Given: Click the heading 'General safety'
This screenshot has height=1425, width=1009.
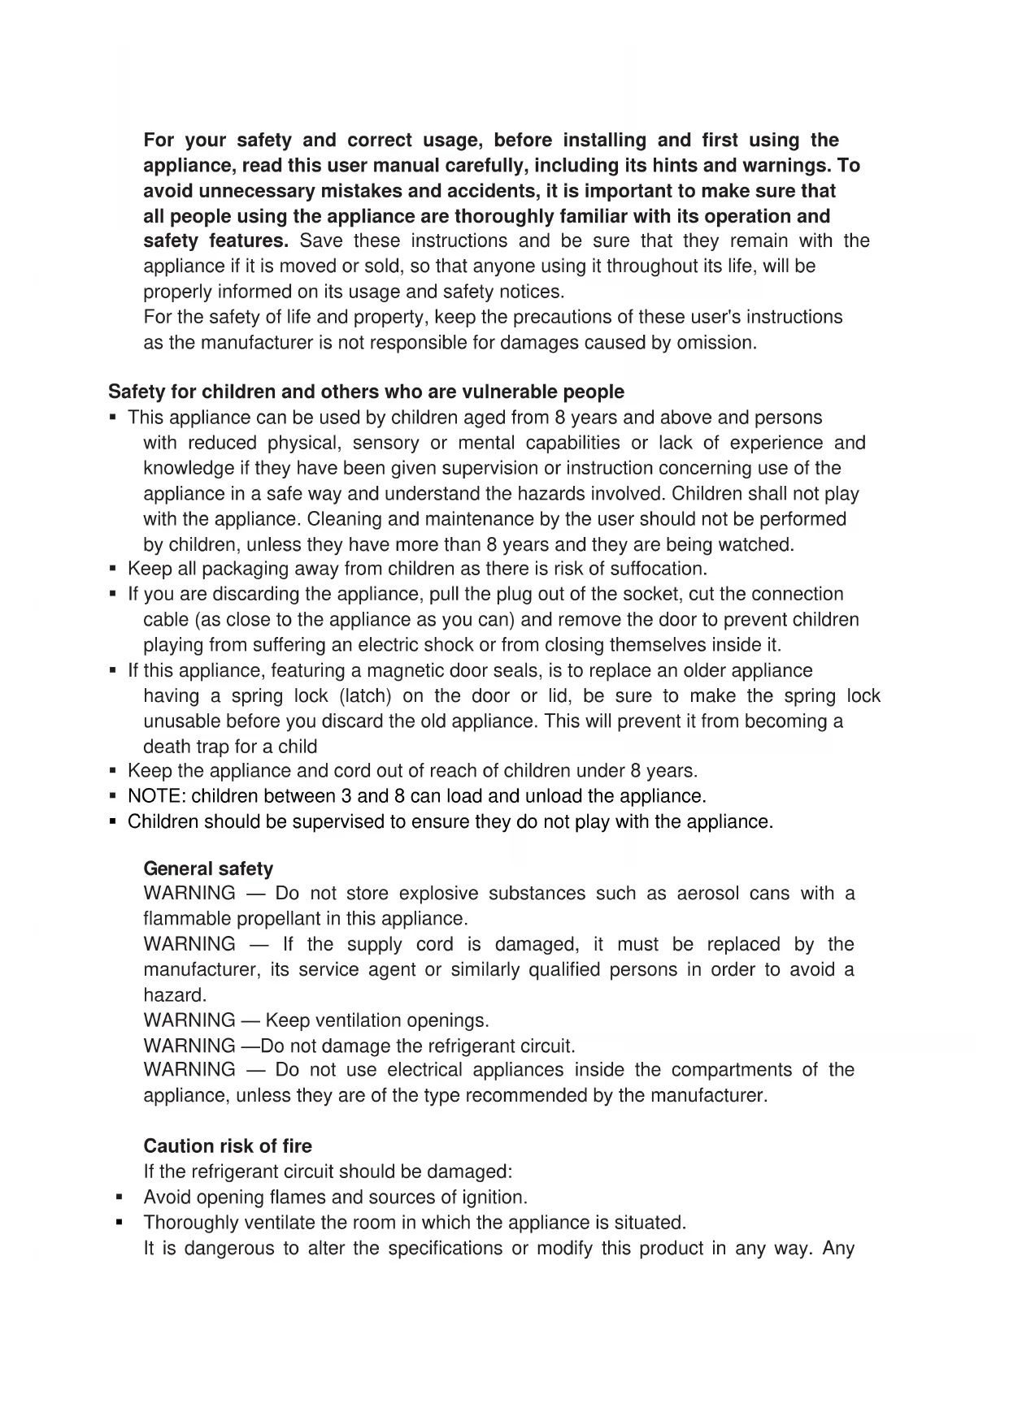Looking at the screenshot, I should pyautogui.click(x=208, y=868).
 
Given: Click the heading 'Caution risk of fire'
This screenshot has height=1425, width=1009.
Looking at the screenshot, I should pyautogui.click(x=228, y=1146).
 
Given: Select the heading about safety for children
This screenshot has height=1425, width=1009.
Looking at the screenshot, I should pyautogui.click(x=366, y=392).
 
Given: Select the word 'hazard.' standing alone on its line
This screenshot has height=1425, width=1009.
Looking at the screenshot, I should pyautogui.click(x=175, y=995).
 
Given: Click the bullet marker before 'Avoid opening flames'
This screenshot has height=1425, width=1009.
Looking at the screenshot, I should pyautogui.click(x=120, y=1197).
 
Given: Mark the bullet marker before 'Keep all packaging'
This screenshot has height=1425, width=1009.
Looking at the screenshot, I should pyautogui.click(x=113, y=569).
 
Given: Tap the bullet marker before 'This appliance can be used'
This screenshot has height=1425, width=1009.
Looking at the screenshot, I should pyautogui.click(x=113, y=418).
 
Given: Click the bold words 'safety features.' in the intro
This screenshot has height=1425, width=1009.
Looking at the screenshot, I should pyautogui.click(x=215, y=241).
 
